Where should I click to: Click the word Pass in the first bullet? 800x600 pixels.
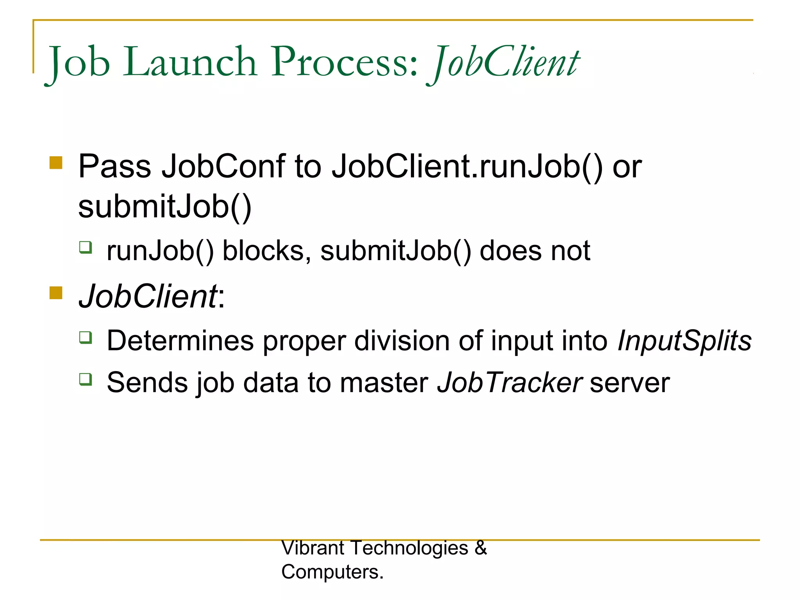click(114, 166)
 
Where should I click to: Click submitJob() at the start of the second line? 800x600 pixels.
click(164, 207)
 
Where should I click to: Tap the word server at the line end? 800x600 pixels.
click(630, 383)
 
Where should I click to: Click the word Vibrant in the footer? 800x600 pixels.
click(312, 548)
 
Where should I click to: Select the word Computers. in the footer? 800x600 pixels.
click(332, 572)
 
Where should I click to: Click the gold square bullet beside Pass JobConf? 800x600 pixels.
click(56, 162)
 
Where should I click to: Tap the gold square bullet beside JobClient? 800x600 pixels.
click(56, 293)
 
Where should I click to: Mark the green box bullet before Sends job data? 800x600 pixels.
click(86, 379)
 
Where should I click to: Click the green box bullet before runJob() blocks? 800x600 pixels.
click(86, 247)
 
